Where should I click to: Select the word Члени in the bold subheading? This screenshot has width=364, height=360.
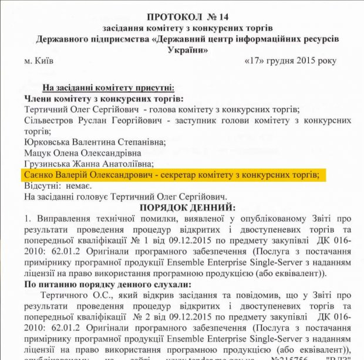tap(38, 99)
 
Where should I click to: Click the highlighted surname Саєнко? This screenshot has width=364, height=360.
tap(39, 175)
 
